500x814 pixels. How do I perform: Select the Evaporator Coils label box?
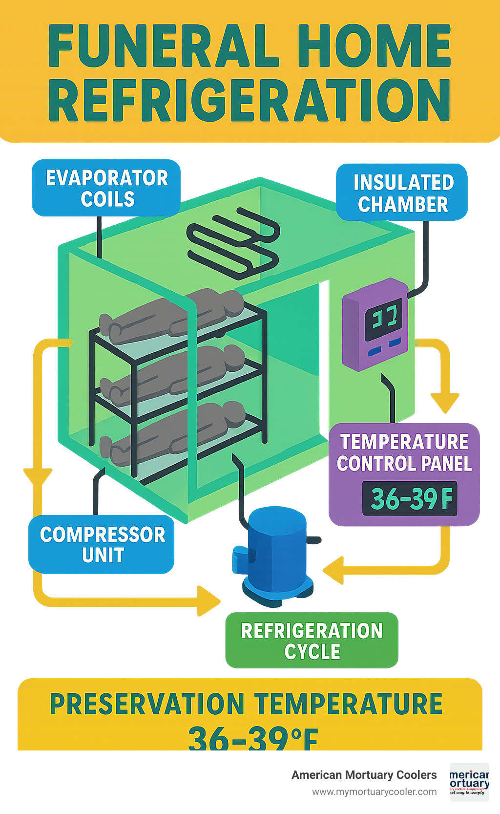(x=106, y=188)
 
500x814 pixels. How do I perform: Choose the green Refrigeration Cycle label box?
(x=312, y=641)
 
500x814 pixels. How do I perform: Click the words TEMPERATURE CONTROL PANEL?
(x=404, y=452)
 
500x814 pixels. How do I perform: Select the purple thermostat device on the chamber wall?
(x=375, y=324)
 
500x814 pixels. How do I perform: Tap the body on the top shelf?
(x=171, y=315)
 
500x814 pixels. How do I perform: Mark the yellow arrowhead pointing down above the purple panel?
(x=444, y=403)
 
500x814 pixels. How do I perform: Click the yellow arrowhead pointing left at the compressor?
(x=334, y=571)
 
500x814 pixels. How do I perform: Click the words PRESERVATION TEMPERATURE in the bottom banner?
(x=246, y=704)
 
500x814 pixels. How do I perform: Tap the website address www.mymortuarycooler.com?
(x=375, y=792)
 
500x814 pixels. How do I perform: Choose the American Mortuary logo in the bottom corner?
(x=469, y=782)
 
